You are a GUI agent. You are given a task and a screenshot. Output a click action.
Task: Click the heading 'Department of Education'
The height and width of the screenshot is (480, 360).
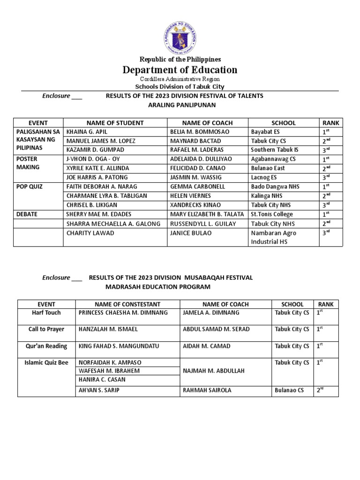coord(180,70)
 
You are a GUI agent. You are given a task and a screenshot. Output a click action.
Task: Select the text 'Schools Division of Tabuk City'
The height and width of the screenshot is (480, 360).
coord(180,87)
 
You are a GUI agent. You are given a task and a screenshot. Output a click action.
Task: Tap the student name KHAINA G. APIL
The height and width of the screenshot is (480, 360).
coord(87,132)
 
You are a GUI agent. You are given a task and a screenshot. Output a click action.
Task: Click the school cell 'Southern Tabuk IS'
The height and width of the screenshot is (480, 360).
coord(274,150)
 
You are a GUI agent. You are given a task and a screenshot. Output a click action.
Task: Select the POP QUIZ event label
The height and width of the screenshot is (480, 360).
coord(30,187)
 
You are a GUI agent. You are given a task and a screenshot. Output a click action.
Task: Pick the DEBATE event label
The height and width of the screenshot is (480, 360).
coord(28,214)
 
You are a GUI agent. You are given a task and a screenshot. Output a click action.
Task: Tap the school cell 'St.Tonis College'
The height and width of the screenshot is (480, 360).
coord(272,214)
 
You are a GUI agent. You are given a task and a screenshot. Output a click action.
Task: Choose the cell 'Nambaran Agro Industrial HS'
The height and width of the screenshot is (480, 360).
coord(273,237)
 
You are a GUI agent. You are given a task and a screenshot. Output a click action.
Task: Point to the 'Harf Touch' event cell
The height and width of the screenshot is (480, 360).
coord(46,313)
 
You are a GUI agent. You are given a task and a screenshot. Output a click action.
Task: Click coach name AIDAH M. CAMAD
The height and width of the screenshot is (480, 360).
coord(205,346)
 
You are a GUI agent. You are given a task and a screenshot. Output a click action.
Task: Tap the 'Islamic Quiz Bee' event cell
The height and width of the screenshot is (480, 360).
coord(46,362)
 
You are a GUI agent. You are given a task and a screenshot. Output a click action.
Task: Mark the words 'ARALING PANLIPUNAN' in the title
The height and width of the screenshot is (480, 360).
coord(180,105)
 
